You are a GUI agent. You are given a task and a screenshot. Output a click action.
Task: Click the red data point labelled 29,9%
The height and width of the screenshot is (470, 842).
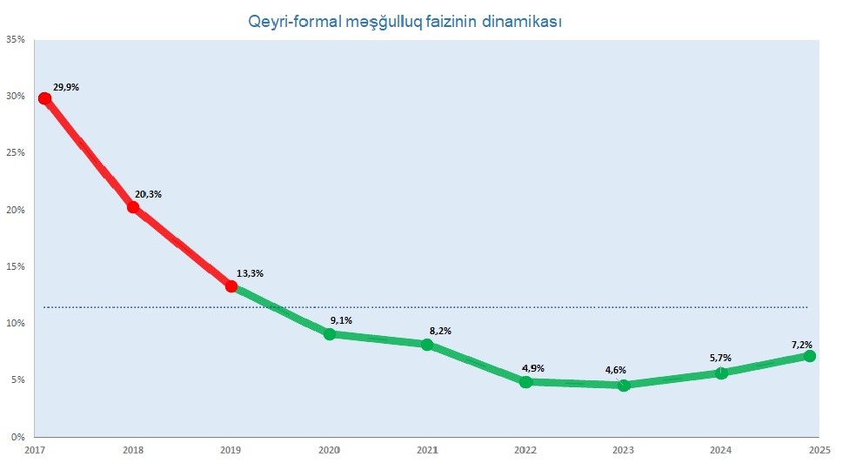44,98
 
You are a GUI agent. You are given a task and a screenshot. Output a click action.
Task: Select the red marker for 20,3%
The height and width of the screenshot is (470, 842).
133,207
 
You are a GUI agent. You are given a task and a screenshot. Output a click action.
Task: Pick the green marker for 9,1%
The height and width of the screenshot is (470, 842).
330,334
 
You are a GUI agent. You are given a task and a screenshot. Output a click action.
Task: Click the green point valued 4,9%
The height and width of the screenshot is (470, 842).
525,381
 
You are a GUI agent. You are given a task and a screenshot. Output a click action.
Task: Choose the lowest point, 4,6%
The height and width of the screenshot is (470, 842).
624,385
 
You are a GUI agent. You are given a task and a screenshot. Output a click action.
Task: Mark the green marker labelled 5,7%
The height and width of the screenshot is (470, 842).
721,373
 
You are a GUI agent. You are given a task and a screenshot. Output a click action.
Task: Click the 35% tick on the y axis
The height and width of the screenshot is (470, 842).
15,39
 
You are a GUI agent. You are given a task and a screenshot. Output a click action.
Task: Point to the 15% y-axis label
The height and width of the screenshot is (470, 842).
15,266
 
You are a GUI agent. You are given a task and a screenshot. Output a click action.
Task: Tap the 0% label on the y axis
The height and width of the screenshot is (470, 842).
17,437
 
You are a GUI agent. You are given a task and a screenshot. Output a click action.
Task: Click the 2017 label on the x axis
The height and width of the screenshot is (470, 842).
35,450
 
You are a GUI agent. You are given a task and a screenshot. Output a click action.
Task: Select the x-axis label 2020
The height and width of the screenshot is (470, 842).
330,450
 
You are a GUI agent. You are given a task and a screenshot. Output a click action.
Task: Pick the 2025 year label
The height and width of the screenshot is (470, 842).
819,450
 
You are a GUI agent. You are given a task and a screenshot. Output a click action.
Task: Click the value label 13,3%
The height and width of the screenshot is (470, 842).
250,273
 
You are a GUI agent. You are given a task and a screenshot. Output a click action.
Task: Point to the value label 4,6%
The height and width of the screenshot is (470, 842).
616,370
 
